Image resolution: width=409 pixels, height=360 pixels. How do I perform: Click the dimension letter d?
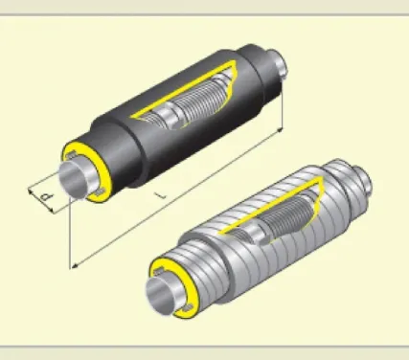point(47,196)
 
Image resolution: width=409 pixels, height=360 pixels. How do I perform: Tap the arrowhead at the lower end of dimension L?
point(75,266)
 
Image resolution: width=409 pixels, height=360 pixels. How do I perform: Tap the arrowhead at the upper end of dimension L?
point(280,129)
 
